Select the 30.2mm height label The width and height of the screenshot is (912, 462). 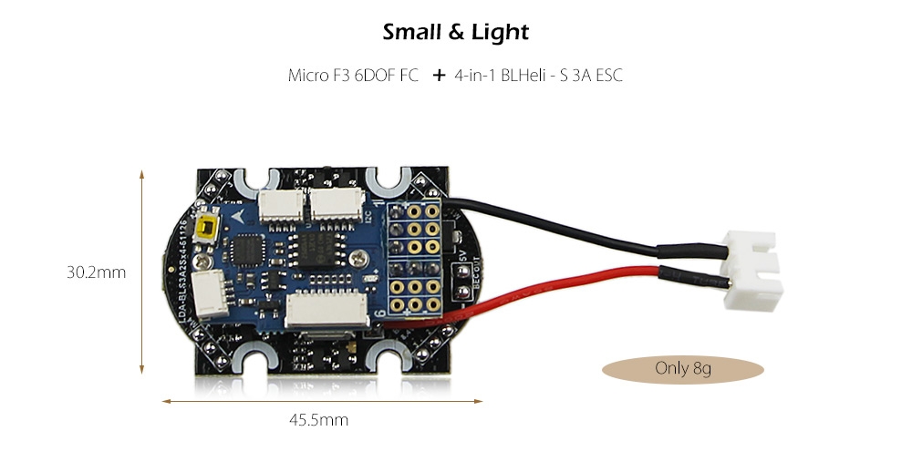coord(96,272)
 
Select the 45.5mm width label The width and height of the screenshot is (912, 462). coord(319,420)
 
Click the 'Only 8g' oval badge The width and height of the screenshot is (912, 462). coord(683,369)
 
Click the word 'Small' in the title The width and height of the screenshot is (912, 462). coord(412,33)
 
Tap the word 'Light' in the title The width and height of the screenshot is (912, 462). coord(500,33)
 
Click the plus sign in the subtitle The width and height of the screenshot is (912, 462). coord(439,76)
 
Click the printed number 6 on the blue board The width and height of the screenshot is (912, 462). coord(380,313)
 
